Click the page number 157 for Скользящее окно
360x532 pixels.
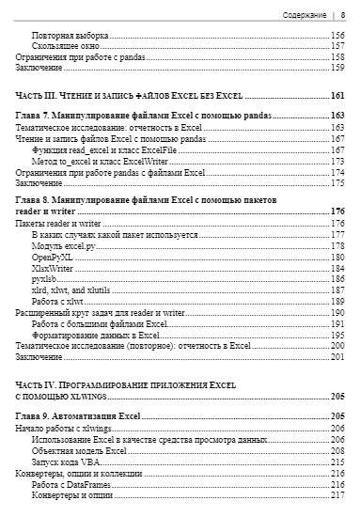point(337,46)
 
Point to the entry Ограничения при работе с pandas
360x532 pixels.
point(78,57)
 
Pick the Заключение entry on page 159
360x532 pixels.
point(39,68)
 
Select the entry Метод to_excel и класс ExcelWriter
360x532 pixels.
point(101,162)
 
